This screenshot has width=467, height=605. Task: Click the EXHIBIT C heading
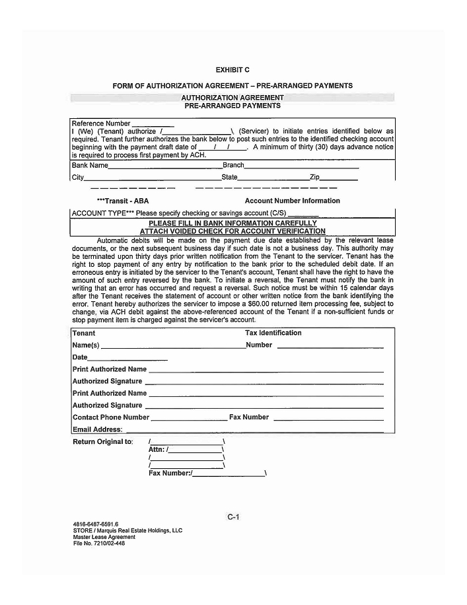[233, 70]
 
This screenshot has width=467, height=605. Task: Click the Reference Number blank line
[153, 124]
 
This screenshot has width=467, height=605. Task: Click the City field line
[153, 179]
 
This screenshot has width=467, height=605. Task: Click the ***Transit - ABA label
[123, 201]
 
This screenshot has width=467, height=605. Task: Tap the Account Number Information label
[292, 201]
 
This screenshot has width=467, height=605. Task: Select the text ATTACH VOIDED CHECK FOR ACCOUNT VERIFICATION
[233, 231]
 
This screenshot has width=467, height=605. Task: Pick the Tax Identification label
[273, 333]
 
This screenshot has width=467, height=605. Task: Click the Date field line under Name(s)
[127, 359]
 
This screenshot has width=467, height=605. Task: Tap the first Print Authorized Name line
[266, 371]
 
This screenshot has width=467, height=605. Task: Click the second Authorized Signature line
[264, 407]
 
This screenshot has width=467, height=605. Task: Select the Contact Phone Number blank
[190, 419]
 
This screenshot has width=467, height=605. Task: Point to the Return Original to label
[102, 442]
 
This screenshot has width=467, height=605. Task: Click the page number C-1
[233, 517]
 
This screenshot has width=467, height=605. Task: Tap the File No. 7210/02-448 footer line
[99, 544]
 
